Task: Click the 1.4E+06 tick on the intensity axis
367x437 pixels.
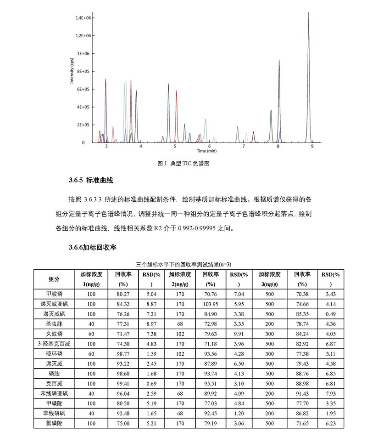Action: pos(86,17)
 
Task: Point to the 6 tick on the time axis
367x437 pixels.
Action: pos(209,146)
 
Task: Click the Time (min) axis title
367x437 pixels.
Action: pos(206,151)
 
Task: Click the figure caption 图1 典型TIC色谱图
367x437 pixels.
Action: pos(183,163)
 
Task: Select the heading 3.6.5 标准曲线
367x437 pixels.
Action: pos(90,181)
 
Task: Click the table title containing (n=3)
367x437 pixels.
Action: pos(183,264)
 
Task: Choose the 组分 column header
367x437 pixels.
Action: pos(54,279)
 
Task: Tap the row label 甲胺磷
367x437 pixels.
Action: pos(54,294)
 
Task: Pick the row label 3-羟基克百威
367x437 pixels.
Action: pos(54,344)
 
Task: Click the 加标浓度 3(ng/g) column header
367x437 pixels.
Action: pos(270,279)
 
